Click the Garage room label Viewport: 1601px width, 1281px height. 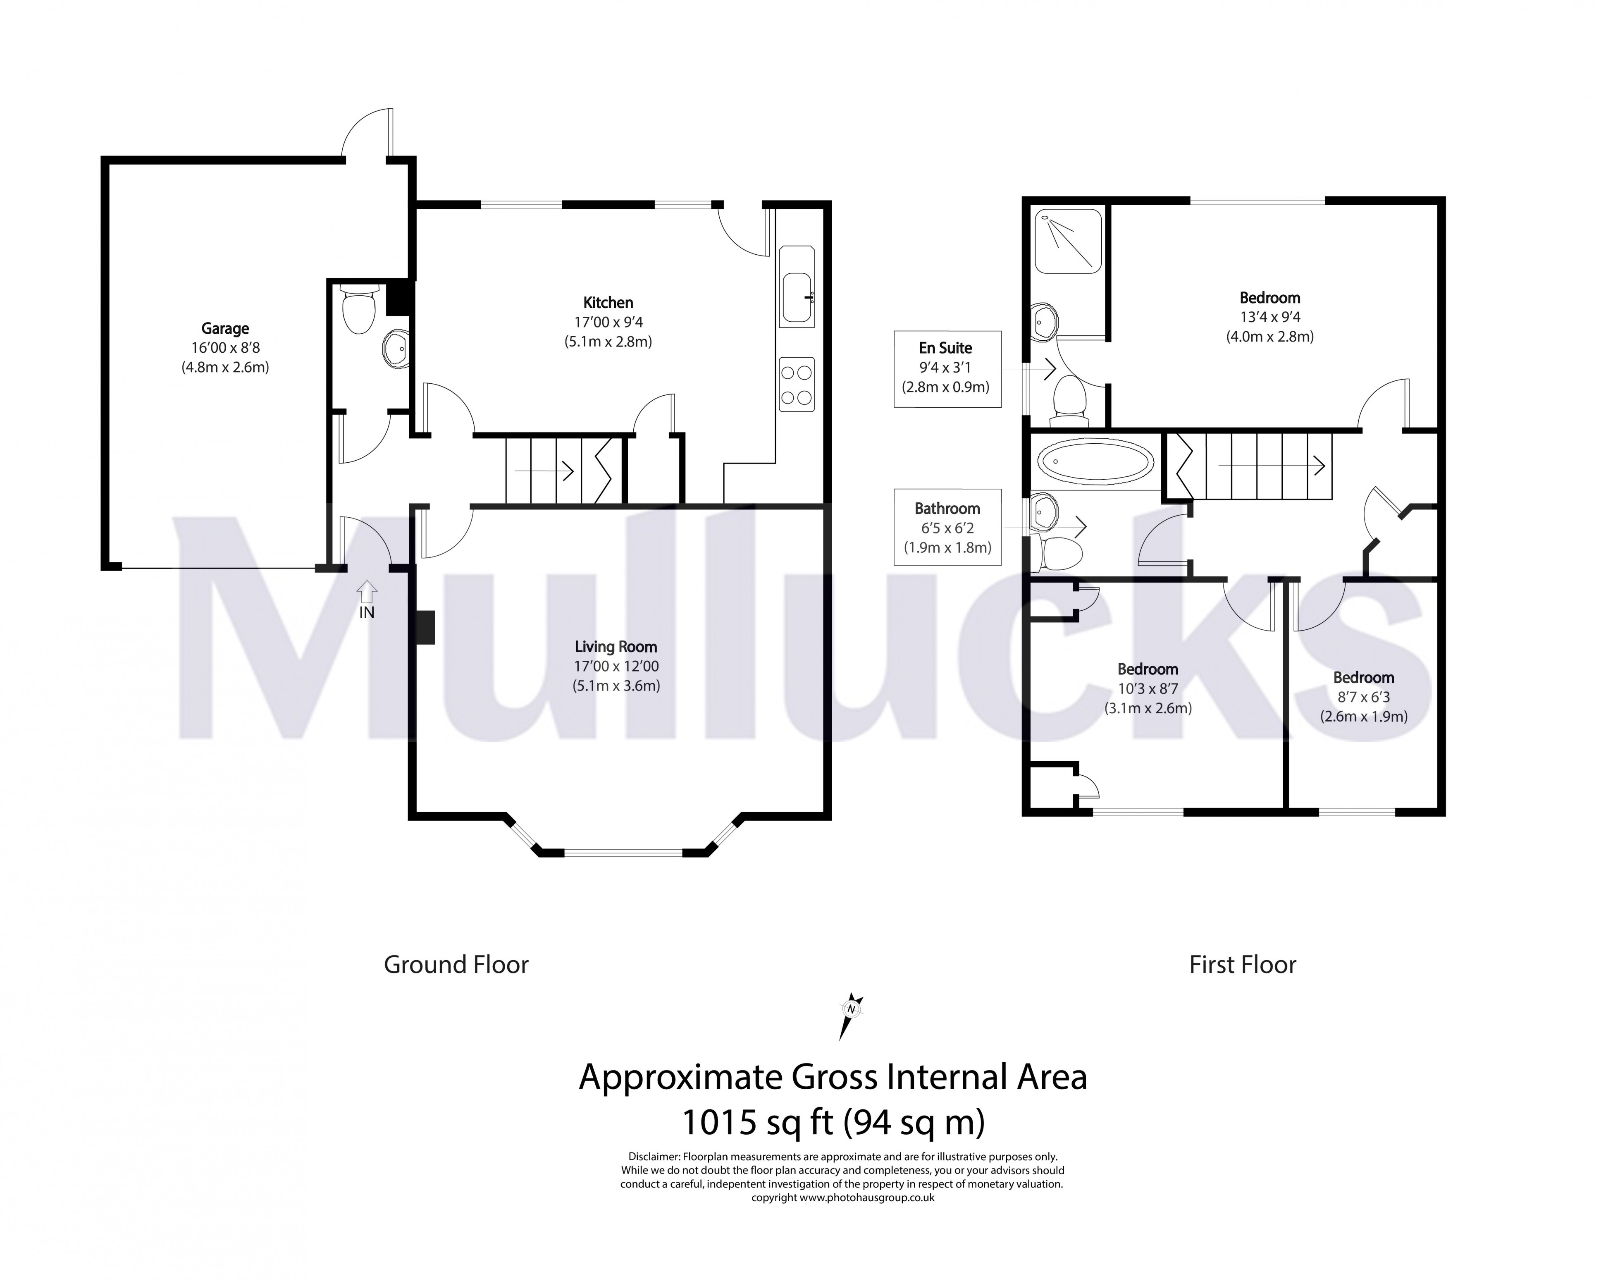(225, 328)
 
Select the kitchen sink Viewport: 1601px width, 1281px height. (797, 297)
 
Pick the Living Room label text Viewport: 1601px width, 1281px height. (616, 647)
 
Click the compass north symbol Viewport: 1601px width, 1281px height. (851, 1010)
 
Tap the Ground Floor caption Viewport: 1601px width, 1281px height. (456, 965)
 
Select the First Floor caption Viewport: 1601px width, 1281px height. (1242, 965)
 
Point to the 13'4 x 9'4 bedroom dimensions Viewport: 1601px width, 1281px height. (1270, 317)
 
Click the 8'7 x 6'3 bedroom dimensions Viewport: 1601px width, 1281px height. (1363, 697)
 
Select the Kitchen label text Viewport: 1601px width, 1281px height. (608, 302)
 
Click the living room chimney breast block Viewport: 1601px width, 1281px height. (425, 628)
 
